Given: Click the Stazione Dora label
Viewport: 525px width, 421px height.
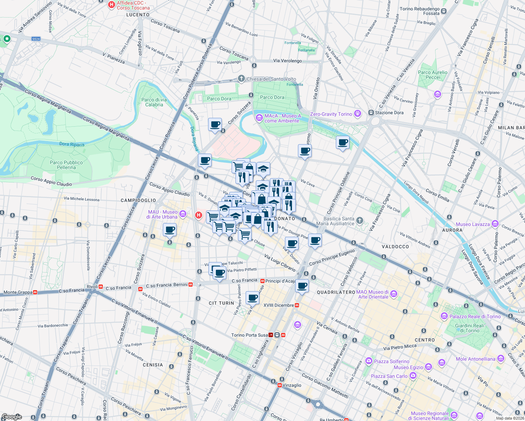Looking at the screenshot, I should click(x=389, y=113).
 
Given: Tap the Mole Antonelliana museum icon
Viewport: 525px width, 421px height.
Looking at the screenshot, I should click(x=501, y=359).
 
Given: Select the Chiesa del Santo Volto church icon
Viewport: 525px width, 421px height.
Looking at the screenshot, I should click(x=241, y=79).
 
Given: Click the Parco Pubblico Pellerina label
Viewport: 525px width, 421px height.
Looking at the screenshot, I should click(x=66, y=165).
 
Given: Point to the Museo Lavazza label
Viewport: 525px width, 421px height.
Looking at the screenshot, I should click(x=473, y=224).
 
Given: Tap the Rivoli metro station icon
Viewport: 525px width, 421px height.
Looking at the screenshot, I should click(x=101, y=287).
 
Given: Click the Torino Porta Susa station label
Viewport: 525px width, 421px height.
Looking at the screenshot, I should click(x=249, y=335).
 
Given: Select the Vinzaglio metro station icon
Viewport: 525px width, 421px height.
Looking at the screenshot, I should click(x=280, y=385).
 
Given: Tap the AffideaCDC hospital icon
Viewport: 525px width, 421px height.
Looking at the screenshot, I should click(x=112, y=5).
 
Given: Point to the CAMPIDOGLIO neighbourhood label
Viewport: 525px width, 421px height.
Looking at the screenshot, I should click(x=138, y=200).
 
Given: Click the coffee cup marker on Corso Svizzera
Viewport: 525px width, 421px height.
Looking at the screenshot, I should click(x=215, y=125).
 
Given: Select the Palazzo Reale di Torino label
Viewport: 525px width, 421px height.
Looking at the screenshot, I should click(x=475, y=316).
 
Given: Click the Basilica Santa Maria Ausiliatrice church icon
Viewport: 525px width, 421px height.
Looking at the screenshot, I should click(x=359, y=220).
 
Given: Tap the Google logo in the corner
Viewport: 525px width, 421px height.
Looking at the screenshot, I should click(x=12, y=417).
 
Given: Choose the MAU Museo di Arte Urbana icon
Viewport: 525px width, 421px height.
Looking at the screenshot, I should click(x=182, y=214).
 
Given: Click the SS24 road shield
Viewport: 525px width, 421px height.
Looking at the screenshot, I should click(x=36, y=39).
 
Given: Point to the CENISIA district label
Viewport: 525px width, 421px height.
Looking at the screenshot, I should click(x=153, y=365).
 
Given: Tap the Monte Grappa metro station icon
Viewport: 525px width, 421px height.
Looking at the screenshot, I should click(x=35, y=292).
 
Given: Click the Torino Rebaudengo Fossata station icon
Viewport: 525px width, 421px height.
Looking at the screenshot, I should click(x=444, y=11).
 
